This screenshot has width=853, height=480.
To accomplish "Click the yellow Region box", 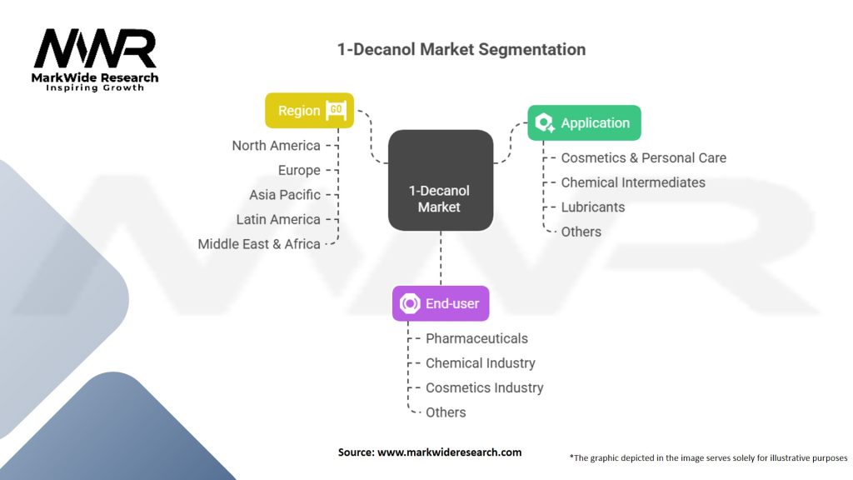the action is (x=309, y=111).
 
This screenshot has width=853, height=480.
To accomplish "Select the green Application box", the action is (x=584, y=123).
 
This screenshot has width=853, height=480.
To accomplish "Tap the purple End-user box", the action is (x=441, y=304).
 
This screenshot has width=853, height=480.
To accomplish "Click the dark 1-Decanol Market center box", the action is (x=440, y=180).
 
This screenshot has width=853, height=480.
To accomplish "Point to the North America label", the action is (x=276, y=146).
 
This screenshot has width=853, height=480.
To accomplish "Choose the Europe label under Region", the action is (x=299, y=170).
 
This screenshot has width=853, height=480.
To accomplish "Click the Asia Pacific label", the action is (x=284, y=195).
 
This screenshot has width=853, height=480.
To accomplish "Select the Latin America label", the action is (x=278, y=219).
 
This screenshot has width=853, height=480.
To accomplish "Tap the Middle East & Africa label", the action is (x=259, y=244).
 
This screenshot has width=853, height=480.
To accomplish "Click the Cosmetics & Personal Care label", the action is (x=643, y=157).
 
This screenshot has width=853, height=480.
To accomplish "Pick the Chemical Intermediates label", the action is (x=632, y=182).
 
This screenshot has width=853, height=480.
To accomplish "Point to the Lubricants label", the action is (x=592, y=207).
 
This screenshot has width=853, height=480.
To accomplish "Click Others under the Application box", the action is (x=581, y=232).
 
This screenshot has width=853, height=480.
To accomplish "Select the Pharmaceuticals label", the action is (x=476, y=338).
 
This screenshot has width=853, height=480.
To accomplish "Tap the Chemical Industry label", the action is (x=480, y=363).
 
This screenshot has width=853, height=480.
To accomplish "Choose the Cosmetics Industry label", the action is (x=484, y=387).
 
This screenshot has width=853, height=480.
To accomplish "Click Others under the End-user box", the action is (x=446, y=412).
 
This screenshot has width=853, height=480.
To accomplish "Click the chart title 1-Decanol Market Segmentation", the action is (x=461, y=49).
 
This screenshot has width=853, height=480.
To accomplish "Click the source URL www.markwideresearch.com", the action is (x=450, y=452).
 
